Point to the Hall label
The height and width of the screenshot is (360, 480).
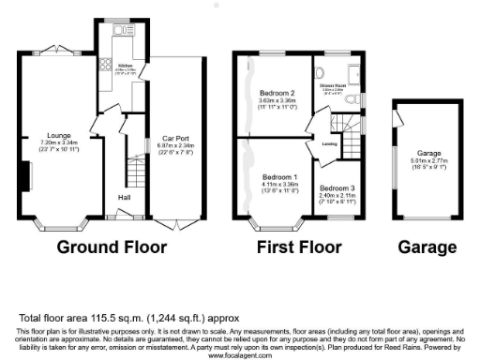point(124,198)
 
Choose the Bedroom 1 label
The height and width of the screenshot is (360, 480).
point(279,177)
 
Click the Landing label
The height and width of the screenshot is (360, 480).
point(330,143)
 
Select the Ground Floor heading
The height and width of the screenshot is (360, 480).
point(112,248)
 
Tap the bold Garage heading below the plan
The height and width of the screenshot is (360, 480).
point(427,248)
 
